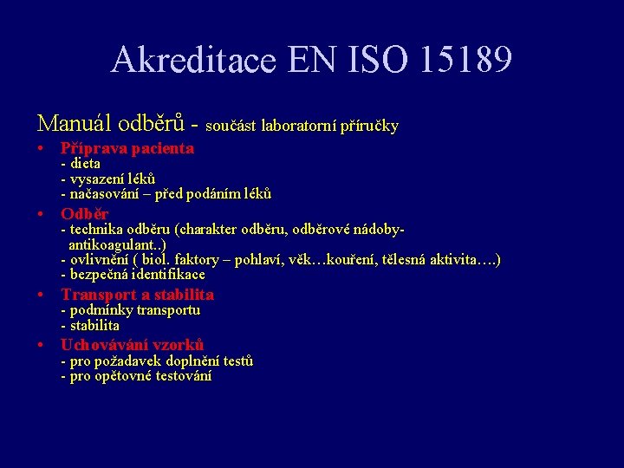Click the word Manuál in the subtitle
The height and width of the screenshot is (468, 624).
[73, 124]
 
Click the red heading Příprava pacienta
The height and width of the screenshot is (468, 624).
[127, 148]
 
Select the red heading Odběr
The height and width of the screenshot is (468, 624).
[84, 213]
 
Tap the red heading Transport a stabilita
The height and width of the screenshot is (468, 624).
[137, 295]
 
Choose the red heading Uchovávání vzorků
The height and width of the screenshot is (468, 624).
[132, 344]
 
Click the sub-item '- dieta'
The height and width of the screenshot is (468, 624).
[81, 163]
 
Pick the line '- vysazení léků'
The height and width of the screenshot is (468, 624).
[107, 178]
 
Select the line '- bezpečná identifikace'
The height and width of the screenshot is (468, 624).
[133, 275]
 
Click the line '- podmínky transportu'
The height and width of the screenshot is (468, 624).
[130, 310]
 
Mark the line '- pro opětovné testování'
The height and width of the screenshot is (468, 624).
[136, 376]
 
